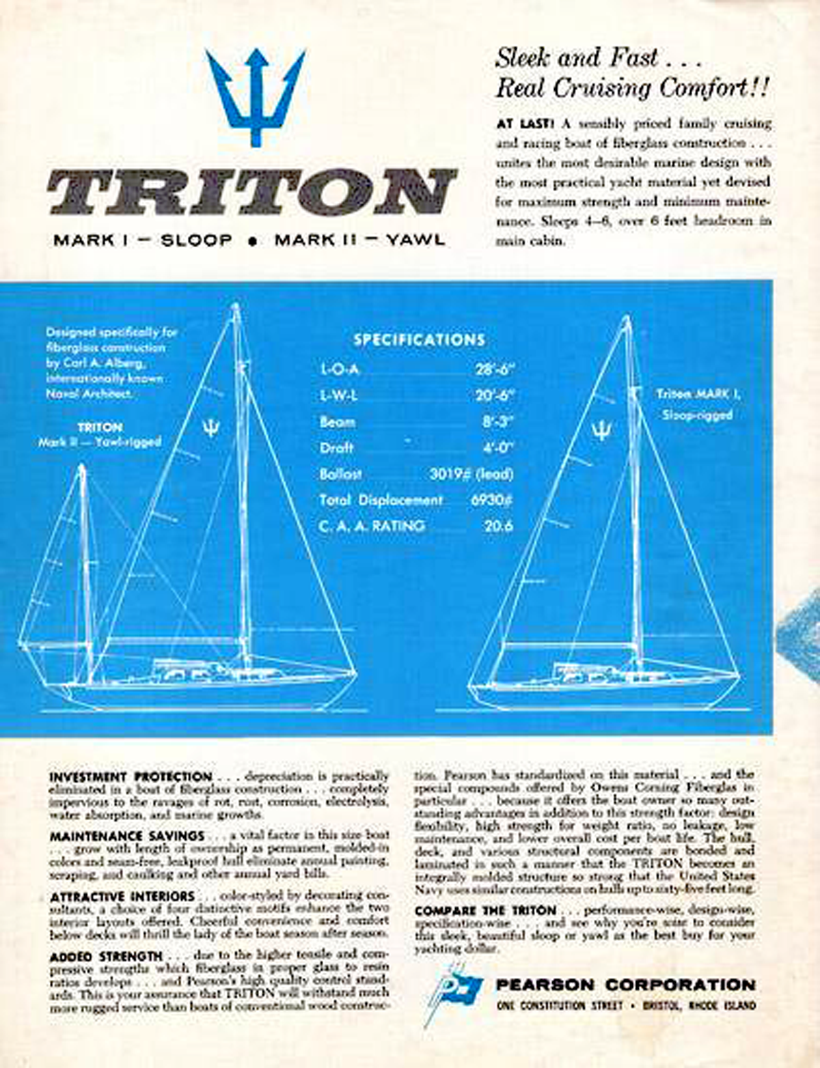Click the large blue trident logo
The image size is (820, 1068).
coord(255,96)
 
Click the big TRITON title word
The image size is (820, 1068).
coord(251,192)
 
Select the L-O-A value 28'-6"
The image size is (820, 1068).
coord(494,369)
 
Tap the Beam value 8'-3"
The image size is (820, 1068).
coord(497,421)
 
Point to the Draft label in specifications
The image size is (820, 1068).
coord(336,448)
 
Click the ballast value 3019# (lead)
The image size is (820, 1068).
coord(471,474)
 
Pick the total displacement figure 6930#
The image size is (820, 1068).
coord(491,500)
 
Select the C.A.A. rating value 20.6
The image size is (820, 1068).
coord(498,526)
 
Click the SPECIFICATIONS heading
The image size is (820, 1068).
coord(419,340)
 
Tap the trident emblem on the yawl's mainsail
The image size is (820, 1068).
coord(211,428)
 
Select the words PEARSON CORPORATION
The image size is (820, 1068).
coord(625,985)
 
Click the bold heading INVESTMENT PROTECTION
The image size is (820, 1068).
coord(131,776)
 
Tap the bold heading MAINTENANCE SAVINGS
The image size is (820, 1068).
coord(126,836)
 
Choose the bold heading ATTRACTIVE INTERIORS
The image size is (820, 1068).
coord(122,896)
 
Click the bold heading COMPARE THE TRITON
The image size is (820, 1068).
coord(485,910)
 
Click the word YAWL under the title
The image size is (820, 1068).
coord(415,240)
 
